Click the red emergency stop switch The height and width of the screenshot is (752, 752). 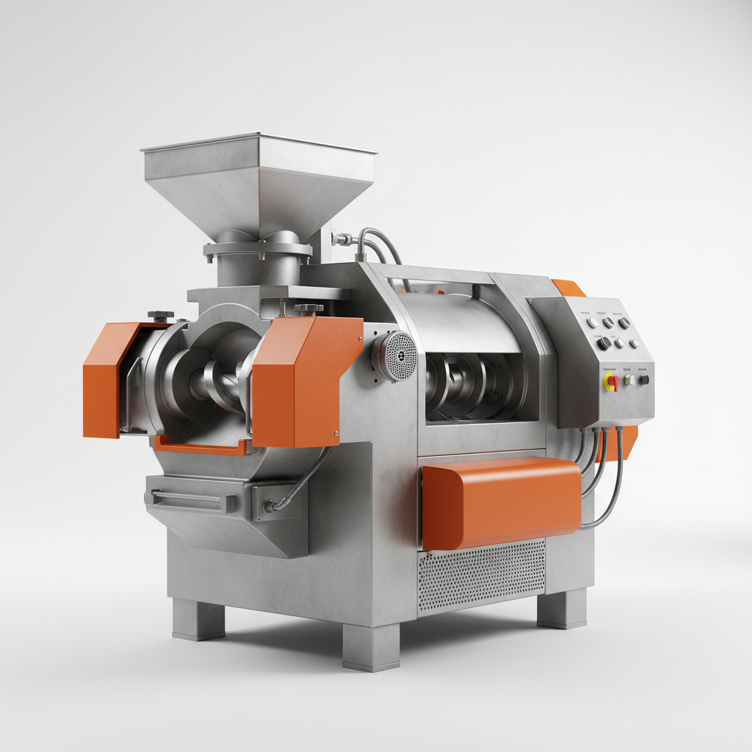point(611,382)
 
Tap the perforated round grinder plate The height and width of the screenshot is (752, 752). point(397,355)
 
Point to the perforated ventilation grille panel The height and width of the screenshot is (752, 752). point(481,576)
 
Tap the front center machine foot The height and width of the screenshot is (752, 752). point(371,646)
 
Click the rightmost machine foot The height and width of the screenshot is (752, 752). point(562,608)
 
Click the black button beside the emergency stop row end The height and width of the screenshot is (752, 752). point(644,380)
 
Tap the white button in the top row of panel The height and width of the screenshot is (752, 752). point(592,323)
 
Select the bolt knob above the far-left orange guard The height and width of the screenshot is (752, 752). point(160,316)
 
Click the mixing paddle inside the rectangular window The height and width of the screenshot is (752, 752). point(470,382)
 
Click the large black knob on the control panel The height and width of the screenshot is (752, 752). point(604,343)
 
